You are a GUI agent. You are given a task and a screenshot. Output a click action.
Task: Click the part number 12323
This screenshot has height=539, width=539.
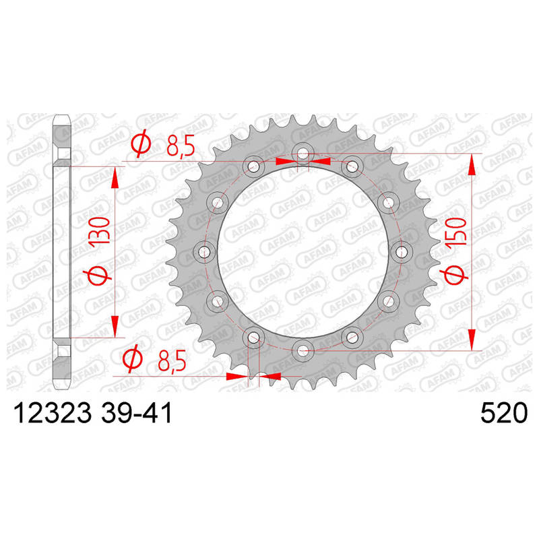pyautogui.click(x=52, y=413)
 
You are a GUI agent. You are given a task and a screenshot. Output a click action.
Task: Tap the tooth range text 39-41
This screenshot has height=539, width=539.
pyautogui.click(x=137, y=413)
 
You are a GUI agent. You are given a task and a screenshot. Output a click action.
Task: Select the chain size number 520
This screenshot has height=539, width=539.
pyautogui.click(x=503, y=413)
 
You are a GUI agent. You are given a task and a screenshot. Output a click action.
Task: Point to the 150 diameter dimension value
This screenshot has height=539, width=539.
pyautogui.click(x=457, y=231)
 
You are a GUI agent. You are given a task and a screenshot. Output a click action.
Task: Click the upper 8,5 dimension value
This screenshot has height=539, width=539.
pyautogui.click(x=181, y=145)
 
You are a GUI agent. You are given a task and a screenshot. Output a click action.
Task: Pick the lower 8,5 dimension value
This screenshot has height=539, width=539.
pyautogui.click(x=172, y=360)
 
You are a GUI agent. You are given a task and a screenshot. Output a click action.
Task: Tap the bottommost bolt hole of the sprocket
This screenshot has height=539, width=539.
pyautogui.click(x=303, y=351)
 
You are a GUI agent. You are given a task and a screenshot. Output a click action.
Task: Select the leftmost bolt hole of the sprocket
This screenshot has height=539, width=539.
pyautogui.click(x=204, y=252)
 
